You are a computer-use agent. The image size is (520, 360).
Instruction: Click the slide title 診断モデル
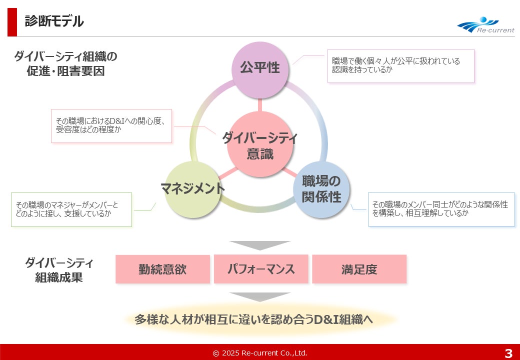(x=54, y=21)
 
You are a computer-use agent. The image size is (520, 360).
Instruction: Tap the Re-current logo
(x=485, y=25)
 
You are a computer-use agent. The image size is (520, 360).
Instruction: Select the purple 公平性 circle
(x=260, y=69)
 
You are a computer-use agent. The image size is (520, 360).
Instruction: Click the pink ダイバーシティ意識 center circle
(x=260, y=144)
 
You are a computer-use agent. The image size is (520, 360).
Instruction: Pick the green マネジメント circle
(x=192, y=189)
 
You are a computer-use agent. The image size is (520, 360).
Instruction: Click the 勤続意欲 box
(x=162, y=269)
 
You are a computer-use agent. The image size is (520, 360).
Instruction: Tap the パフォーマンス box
(x=261, y=269)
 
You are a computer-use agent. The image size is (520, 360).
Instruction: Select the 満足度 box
(x=359, y=269)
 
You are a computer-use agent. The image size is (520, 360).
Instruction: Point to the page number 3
(x=508, y=353)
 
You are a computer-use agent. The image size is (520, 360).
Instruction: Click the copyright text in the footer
(x=260, y=353)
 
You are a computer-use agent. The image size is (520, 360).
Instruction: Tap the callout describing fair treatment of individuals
(x=400, y=65)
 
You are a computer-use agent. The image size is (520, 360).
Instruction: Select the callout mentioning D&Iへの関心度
(x=111, y=125)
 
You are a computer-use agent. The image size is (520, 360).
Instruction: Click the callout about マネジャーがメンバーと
(x=71, y=209)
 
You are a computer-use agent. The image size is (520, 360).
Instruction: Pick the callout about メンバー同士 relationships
(x=441, y=209)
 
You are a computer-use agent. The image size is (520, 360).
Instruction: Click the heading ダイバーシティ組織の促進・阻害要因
(x=65, y=63)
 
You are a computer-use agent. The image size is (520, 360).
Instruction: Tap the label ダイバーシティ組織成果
(x=59, y=270)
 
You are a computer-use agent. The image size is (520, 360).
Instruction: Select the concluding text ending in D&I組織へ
(x=254, y=319)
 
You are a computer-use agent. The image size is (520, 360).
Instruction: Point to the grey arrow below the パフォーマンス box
(x=260, y=296)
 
